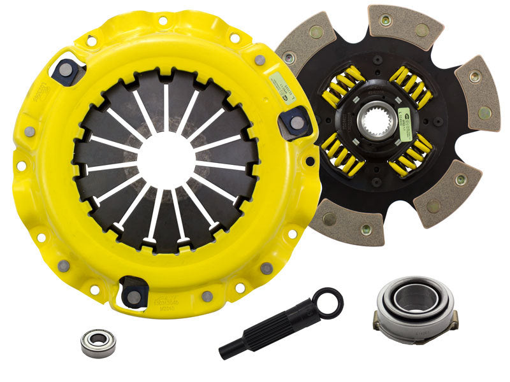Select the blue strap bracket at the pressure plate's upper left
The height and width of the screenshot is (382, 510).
[x=68, y=72]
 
